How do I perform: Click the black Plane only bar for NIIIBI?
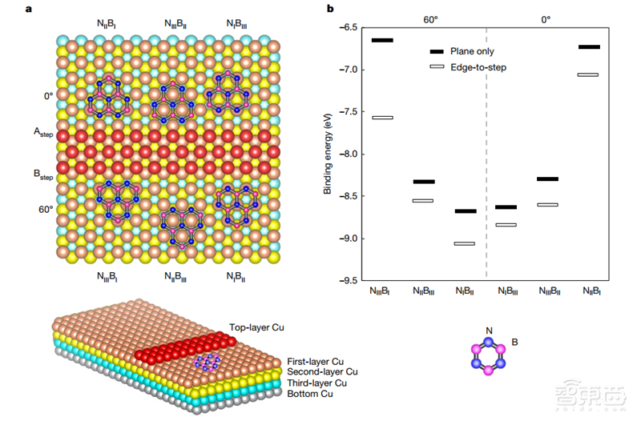click(382, 40)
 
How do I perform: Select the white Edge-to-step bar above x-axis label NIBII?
click(464, 243)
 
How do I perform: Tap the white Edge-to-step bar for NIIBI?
click(588, 74)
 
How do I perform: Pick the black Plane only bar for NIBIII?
click(506, 207)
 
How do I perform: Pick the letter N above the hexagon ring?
click(490, 329)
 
